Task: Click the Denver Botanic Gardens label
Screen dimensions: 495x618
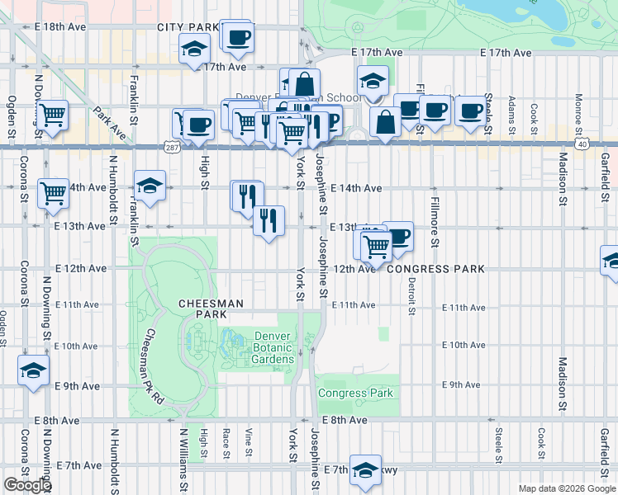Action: pyautogui.click(x=273, y=347)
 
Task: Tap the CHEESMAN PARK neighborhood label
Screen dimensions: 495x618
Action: pyautogui.click(x=212, y=309)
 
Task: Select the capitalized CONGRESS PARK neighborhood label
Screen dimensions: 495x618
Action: pyautogui.click(x=429, y=269)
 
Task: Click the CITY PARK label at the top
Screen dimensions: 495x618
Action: pyautogui.click(x=189, y=27)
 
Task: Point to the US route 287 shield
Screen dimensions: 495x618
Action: pyautogui.click(x=171, y=147)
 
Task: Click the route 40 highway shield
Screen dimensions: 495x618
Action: pyautogui.click(x=582, y=144)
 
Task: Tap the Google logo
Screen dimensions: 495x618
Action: pyautogui.click(x=27, y=485)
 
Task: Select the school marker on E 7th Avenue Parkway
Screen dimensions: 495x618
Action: pyautogui.click(x=365, y=469)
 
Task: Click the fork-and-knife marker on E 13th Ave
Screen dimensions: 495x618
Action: pyautogui.click(x=269, y=221)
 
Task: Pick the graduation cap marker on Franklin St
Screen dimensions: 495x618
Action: pyautogui.click(x=150, y=186)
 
